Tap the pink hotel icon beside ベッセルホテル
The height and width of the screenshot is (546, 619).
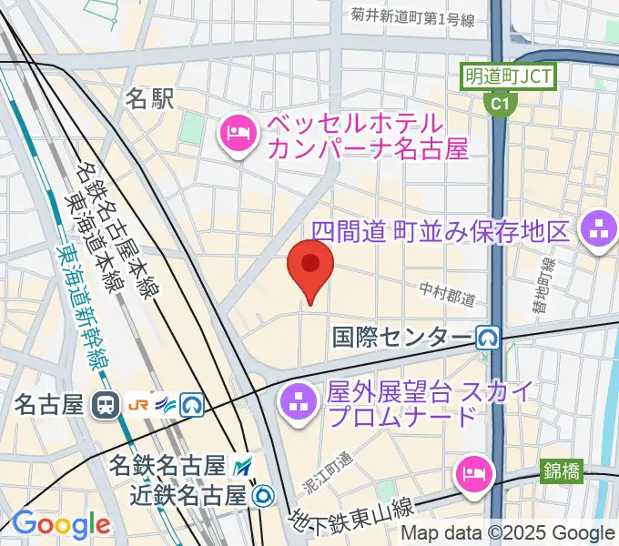click(x=238, y=135)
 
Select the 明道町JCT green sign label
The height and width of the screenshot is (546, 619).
click(x=507, y=76)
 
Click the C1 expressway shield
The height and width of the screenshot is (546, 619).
click(x=498, y=105)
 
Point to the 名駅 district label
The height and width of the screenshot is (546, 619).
click(x=148, y=98)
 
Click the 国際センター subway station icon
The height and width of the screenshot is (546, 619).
click(x=488, y=339)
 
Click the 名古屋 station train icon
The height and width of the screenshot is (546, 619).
click(x=107, y=404)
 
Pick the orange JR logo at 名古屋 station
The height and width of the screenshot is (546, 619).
click(x=140, y=404)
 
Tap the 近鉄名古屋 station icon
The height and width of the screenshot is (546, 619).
click(x=263, y=495)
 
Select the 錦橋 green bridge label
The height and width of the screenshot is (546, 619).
click(x=563, y=470)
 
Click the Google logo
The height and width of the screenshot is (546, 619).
click(x=61, y=524)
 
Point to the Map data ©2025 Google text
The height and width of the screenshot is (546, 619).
click(x=508, y=533)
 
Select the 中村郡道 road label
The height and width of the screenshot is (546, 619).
click(x=449, y=293)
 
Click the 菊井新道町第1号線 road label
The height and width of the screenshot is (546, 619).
click(x=413, y=15)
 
